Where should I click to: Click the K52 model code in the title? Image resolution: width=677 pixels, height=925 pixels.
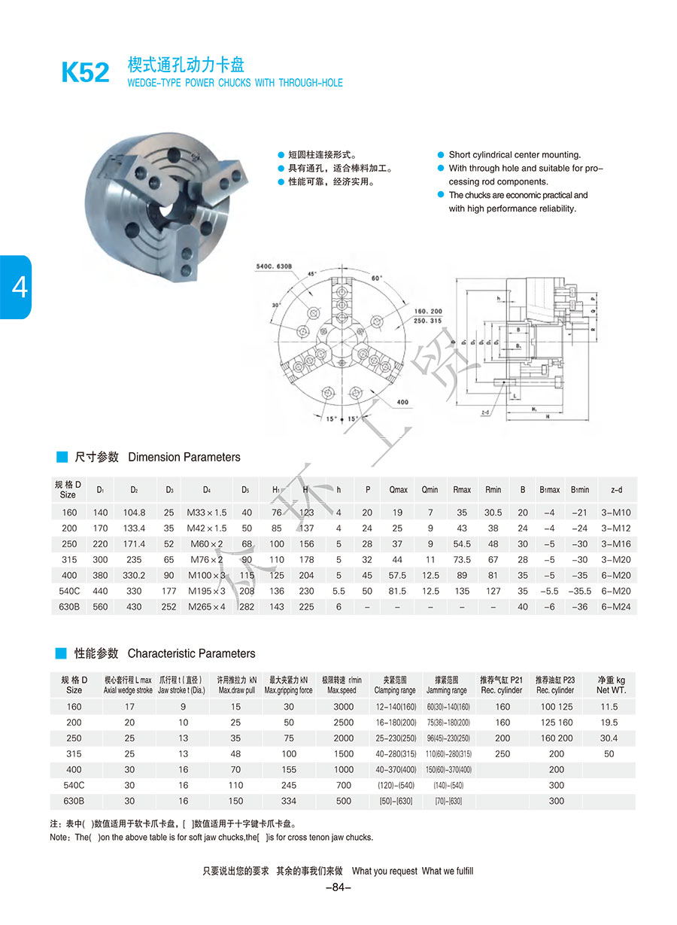(x=85, y=73)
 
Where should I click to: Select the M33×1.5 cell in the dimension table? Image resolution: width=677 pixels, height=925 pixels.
(x=206, y=512)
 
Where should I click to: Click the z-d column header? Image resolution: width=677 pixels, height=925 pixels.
(x=617, y=490)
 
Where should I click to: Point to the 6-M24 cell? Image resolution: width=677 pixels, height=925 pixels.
(x=617, y=607)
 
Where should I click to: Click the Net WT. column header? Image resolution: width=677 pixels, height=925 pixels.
(x=611, y=684)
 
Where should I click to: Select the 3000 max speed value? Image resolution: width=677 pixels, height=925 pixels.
(x=343, y=707)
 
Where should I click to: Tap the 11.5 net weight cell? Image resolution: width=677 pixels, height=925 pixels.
(x=609, y=707)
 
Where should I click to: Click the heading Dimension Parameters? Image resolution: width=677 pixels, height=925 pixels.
(x=184, y=457)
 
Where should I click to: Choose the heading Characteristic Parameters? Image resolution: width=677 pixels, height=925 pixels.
(x=191, y=653)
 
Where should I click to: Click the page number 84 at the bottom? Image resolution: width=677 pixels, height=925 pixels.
(x=338, y=887)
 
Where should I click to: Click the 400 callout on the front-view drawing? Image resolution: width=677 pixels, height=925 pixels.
(x=402, y=402)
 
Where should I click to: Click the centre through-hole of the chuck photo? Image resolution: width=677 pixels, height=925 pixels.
(x=166, y=208)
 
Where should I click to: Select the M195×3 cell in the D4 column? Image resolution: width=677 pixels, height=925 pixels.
(x=206, y=591)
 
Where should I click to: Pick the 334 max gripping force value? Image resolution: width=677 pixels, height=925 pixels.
(x=289, y=801)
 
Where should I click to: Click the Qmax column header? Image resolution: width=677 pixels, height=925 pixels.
(x=398, y=490)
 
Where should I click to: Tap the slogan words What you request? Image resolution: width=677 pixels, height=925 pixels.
(x=384, y=871)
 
